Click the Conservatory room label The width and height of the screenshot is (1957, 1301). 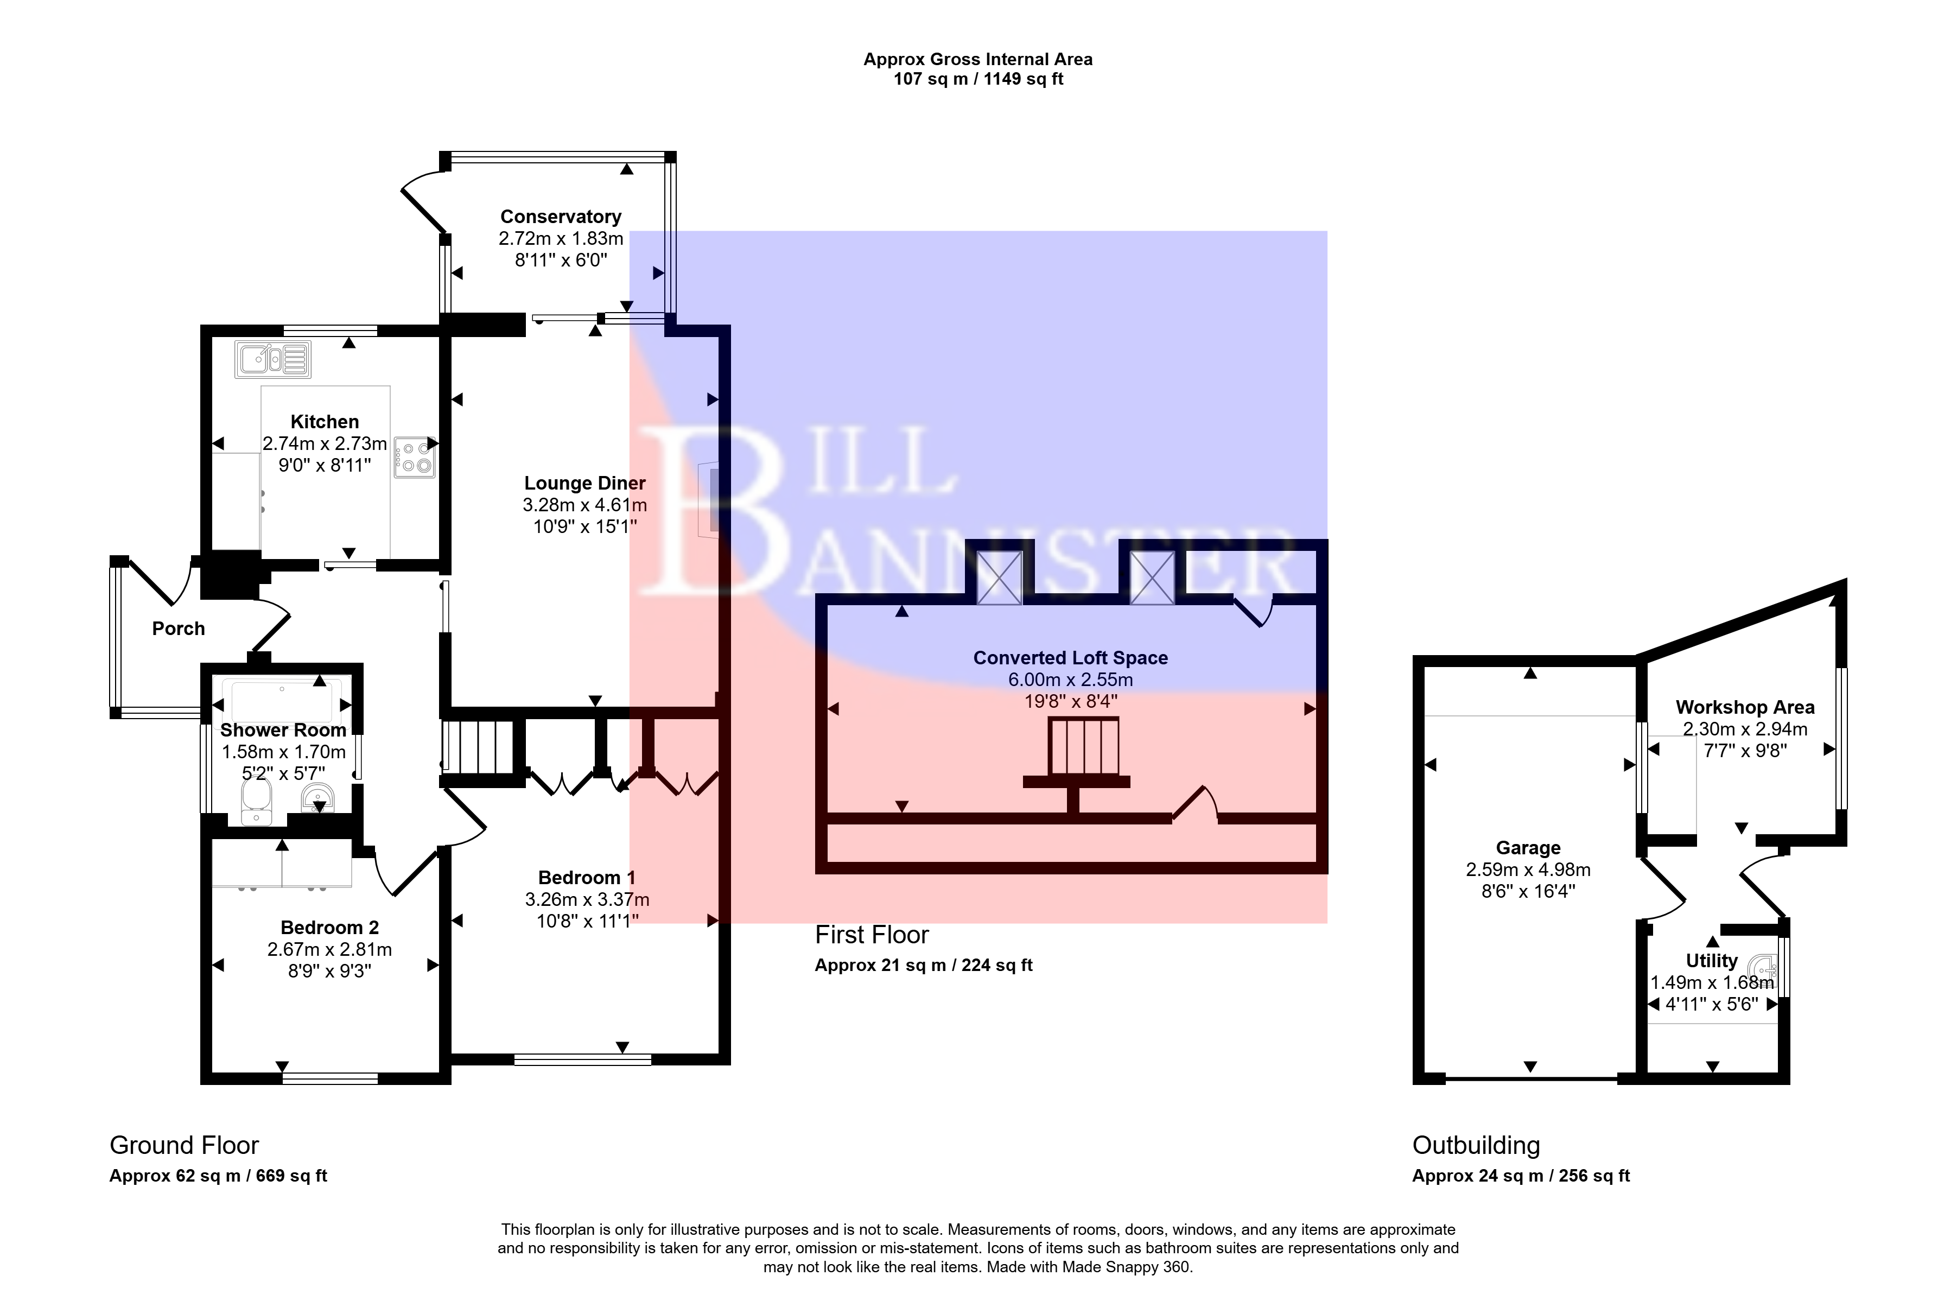coord(560,217)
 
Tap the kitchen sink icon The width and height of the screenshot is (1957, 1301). coord(272,360)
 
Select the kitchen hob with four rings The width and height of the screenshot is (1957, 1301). coord(414,457)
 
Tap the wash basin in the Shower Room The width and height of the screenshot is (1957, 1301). coord(317,801)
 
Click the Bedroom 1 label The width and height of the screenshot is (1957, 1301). coord(587,878)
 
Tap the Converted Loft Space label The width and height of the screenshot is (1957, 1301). coord(1070,658)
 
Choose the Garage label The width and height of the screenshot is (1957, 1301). coord(1528,848)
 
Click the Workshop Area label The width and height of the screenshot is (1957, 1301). coord(1745,708)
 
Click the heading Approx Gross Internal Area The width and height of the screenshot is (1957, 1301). coord(977,60)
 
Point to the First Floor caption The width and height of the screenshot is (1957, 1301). coord(871,935)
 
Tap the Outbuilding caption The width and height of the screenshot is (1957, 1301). coord(1476,1145)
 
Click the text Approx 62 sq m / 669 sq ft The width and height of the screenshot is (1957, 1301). coord(218,1176)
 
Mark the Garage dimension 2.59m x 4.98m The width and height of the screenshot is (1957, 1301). coord(1528,870)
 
